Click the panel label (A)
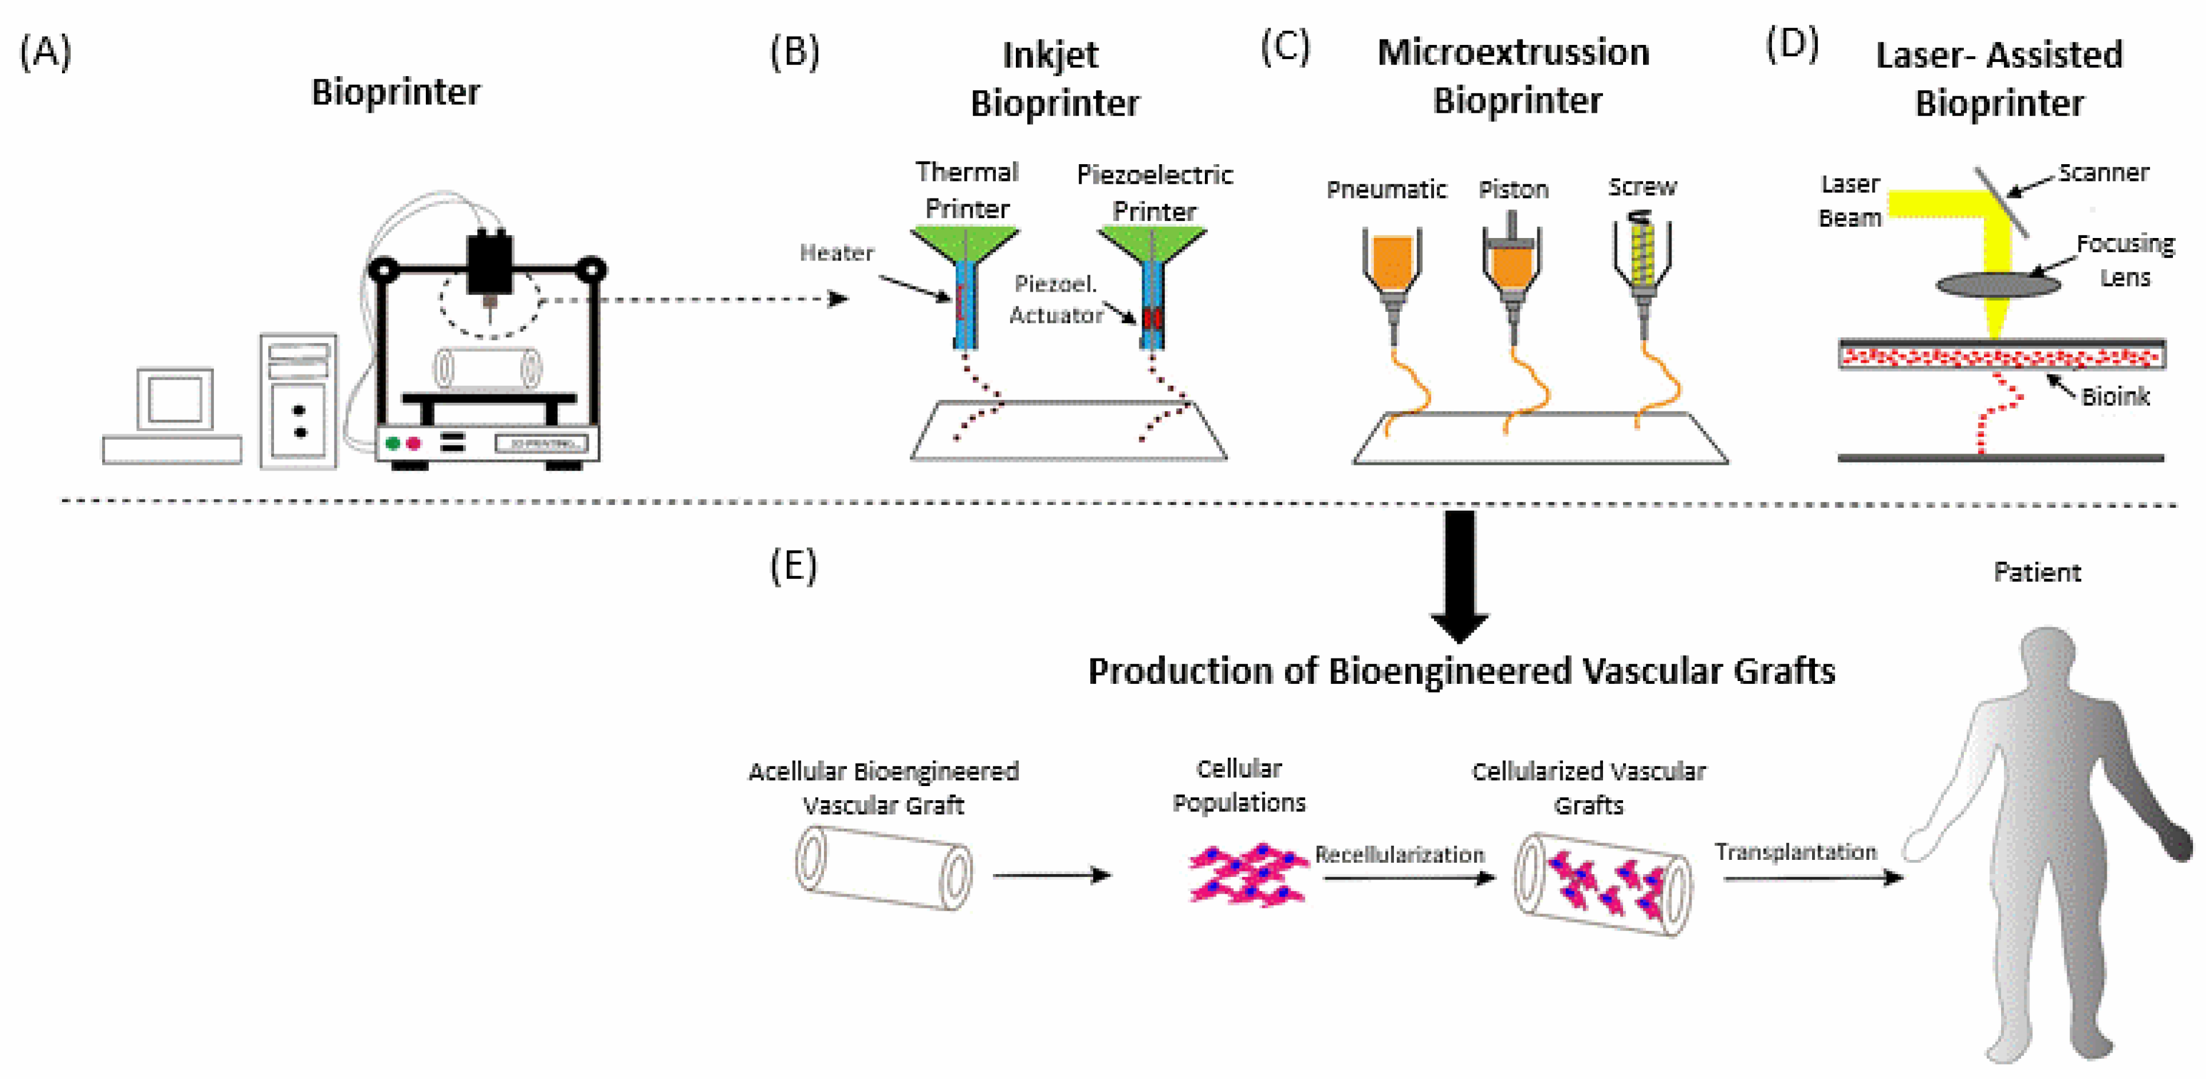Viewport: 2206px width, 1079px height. point(46,52)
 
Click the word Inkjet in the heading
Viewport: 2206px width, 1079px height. point(1050,56)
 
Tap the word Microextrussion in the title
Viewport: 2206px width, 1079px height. point(1513,53)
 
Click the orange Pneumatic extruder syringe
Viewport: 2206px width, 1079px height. point(1392,263)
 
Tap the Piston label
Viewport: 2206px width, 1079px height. point(1513,189)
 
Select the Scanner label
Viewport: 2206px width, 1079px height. point(2103,173)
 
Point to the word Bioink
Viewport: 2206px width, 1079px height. point(2115,396)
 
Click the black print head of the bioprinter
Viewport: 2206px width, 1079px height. point(490,261)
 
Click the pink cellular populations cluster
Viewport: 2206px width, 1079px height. point(1248,873)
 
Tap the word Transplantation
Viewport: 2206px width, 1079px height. point(1795,852)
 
